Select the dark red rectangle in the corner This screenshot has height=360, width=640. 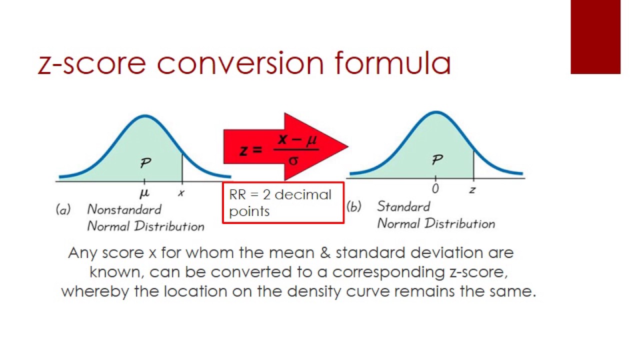click(x=595, y=37)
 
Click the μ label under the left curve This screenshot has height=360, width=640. click(x=145, y=192)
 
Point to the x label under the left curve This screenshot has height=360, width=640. click(x=181, y=193)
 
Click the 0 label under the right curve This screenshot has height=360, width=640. click(x=435, y=188)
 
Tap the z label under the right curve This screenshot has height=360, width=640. click(x=472, y=189)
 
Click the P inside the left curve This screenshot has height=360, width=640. click(x=146, y=163)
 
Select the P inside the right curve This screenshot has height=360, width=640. click(x=437, y=160)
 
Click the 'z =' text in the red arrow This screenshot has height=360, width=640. click(x=250, y=150)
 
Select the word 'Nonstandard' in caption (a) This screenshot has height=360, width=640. click(x=124, y=209)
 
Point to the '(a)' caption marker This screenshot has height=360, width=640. click(x=63, y=210)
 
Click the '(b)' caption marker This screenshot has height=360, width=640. click(x=354, y=207)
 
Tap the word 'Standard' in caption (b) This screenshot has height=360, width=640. click(x=403, y=206)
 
